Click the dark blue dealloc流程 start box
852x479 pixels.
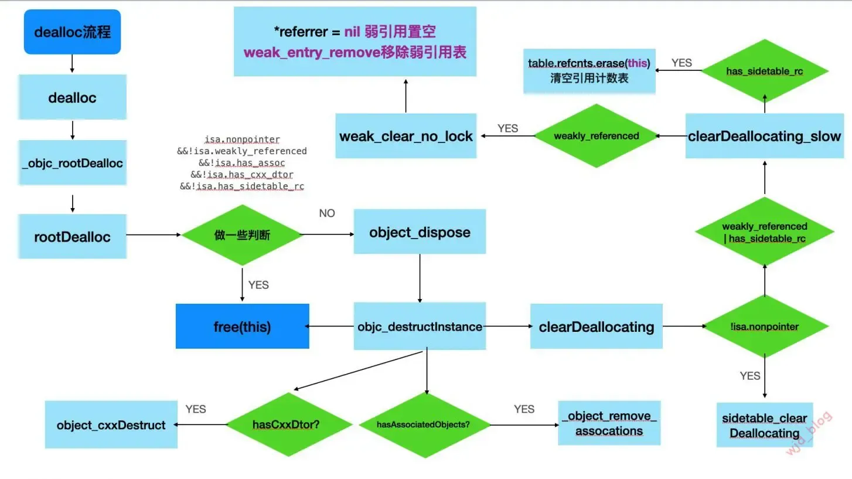(72, 32)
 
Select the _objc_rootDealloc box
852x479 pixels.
(72, 163)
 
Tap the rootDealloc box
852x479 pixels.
(72, 236)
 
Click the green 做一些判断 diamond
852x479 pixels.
(242, 235)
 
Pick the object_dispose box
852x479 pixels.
(420, 232)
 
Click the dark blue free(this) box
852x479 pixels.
(242, 326)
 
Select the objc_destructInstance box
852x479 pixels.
(420, 327)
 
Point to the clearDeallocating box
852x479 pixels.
(596, 327)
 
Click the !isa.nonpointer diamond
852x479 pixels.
(764, 327)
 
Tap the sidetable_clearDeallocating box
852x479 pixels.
(764, 426)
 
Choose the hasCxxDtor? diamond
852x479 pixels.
(286, 424)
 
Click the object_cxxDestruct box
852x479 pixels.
(111, 425)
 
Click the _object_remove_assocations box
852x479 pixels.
(609, 423)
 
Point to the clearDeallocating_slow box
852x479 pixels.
(764, 136)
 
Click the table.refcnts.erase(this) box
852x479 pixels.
(589, 71)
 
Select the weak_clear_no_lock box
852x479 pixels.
(405, 136)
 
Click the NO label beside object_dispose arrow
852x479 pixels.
(327, 213)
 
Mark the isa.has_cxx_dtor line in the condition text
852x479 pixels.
(241, 175)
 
